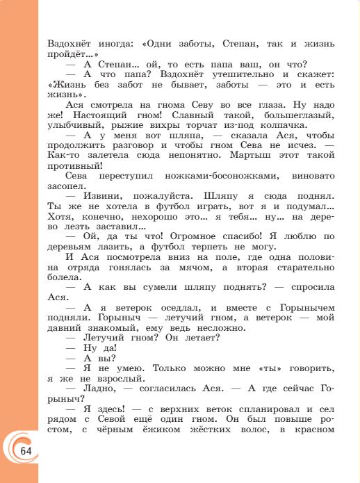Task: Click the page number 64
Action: click(26, 450)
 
